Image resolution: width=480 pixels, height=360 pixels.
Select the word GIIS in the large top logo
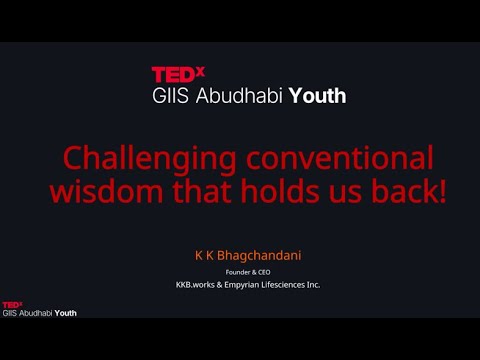(168, 96)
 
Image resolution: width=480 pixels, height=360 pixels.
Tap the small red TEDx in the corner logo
(12, 304)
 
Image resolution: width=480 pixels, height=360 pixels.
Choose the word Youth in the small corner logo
(65, 313)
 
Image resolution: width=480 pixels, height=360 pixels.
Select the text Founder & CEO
(241, 270)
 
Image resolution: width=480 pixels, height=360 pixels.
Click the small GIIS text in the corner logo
(11, 313)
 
